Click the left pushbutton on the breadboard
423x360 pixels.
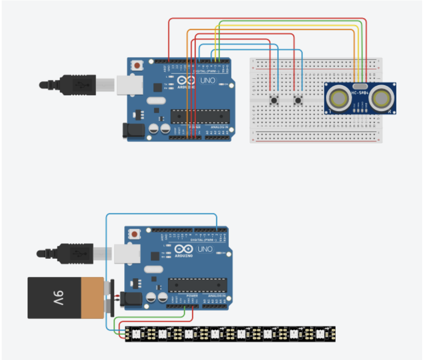[274, 101]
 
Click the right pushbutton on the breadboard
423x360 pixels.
[298, 101]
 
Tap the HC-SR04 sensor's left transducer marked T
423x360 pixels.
[338, 99]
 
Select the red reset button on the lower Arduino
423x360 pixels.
[135, 234]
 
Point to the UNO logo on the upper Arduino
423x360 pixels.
[207, 81]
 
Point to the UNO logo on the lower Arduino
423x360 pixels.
[205, 249]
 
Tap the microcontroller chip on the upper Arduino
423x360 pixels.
[200, 116]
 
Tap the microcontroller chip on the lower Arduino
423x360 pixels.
[197, 285]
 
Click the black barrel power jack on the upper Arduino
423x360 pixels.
[131, 131]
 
